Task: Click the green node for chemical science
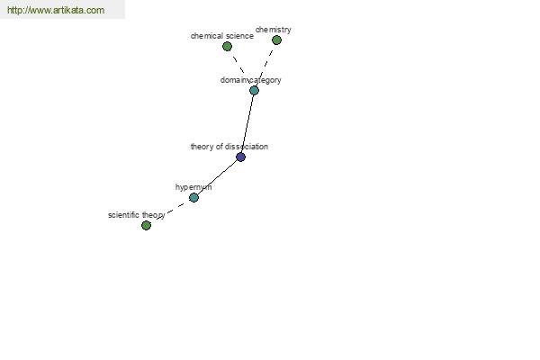[x=227, y=46]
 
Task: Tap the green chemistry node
[x=276, y=40]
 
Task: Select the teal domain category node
[x=254, y=90]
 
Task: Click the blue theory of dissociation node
[x=240, y=157]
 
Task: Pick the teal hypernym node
[x=193, y=197]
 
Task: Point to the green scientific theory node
[x=146, y=225]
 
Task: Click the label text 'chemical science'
[x=222, y=36]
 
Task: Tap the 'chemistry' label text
[x=274, y=30]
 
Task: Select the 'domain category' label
[x=251, y=80]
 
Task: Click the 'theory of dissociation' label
[x=229, y=147]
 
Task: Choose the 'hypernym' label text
[x=193, y=187]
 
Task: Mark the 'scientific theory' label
[x=137, y=215]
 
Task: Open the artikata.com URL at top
[x=56, y=10]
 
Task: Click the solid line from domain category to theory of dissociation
[x=247, y=123]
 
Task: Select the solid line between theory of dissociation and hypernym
[x=217, y=177]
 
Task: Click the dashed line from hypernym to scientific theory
[x=170, y=211]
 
